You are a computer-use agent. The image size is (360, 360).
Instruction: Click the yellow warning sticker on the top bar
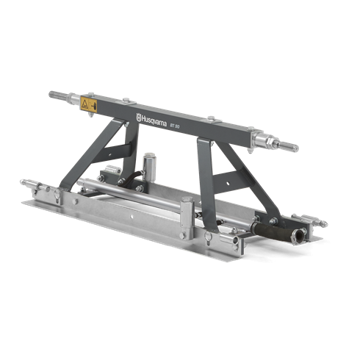pos(89,104)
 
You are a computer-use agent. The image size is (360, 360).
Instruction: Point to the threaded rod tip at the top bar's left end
pos(53,94)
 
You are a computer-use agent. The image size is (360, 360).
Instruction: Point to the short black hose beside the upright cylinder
pos(133,176)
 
